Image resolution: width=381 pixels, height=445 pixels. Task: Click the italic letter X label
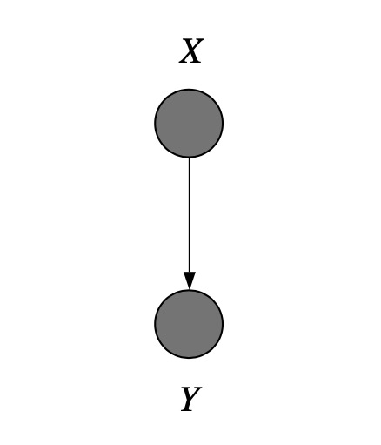click(x=191, y=51)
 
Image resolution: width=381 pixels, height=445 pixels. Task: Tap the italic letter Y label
click(x=191, y=399)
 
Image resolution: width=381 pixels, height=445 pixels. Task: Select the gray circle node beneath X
click(x=189, y=124)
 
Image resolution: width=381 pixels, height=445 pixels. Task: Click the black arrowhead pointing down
click(x=190, y=280)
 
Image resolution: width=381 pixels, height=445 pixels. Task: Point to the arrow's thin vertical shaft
click(x=190, y=215)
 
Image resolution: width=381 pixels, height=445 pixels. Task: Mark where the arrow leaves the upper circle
click(x=190, y=158)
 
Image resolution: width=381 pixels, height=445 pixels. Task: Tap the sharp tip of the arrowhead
click(x=190, y=290)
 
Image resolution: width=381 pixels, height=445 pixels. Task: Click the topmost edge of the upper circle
click(x=189, y=89)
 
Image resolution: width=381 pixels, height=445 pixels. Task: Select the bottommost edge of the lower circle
click(x=189, y=359)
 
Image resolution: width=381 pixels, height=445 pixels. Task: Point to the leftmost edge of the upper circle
click(x=155, y=124)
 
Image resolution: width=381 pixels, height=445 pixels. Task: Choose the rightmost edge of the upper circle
click(x=223, y=124)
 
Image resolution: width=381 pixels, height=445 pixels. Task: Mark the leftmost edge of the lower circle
click(x=155, y=324)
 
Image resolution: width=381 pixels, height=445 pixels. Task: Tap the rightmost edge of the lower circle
click(x=223, y=324)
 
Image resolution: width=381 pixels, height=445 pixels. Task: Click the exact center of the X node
click(x=189, y=124)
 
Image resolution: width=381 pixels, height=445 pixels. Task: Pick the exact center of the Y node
click(x=189, y=324)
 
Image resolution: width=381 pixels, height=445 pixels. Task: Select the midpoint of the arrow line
click(x=190, y=224)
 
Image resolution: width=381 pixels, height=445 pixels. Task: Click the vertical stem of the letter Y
click(x=189, y=405)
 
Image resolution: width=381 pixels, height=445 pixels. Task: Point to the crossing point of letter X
click(x=191, y=51)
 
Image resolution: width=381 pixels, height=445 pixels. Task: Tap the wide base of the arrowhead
click(x=190, y=273)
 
